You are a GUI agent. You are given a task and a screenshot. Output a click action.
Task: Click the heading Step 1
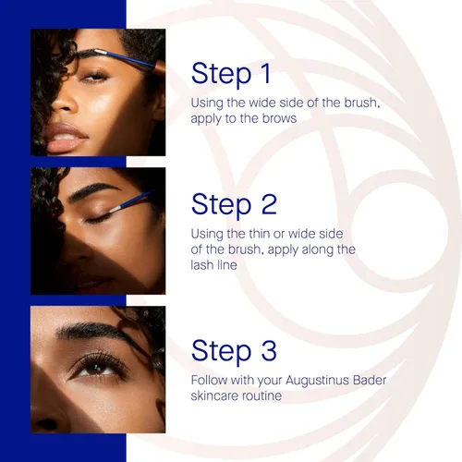(x=231, y=74)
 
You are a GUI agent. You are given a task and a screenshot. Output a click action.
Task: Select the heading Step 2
(x=234, y=205)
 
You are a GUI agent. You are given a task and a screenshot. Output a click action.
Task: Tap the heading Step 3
(x=234, y=351)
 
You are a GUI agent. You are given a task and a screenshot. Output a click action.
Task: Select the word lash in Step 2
(x=201, y=265)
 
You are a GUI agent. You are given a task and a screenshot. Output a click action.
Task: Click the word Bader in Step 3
(x=370, y=381)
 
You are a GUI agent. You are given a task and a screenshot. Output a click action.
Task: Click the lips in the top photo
(x=66, y=138)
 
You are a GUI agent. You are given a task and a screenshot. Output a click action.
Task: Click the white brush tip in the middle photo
(x=115, y=210)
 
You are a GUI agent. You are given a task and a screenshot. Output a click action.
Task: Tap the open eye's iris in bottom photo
(x=96, y=368)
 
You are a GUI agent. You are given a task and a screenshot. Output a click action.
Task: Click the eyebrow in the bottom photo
(x=92, y=330)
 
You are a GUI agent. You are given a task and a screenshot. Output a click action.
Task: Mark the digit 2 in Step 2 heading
(x=269, y=205)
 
